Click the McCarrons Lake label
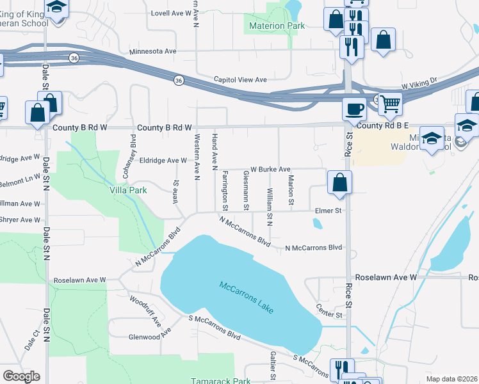coord(247,298)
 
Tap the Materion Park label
coord(274,26)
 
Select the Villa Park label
coord(128,190)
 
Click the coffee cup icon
coord(353,109)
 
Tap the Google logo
coord(21,376)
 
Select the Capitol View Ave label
coord(239,79)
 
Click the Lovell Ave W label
coord(172,13)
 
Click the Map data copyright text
coord(451,379)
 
